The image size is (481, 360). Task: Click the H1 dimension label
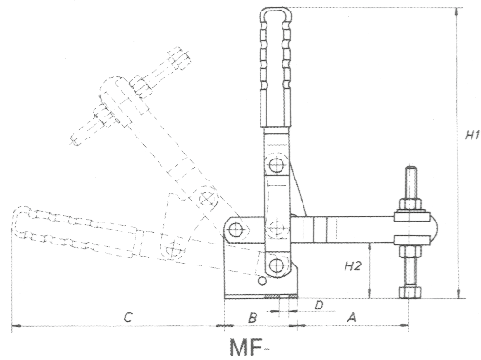click(x=471, y=135)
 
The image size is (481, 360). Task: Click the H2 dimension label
click(x=353, y=265)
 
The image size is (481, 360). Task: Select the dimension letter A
click(x=351, y=317)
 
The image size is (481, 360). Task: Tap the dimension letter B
click(x=252, y=318)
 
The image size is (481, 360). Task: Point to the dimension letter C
click(x=128, y=317)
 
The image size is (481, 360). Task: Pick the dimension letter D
click(x=318, y=306)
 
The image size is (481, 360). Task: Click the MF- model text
click(x=249, y=348)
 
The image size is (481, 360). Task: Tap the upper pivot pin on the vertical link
click(x=276, y=165)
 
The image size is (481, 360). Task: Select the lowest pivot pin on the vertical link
click(x=276, y=265)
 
